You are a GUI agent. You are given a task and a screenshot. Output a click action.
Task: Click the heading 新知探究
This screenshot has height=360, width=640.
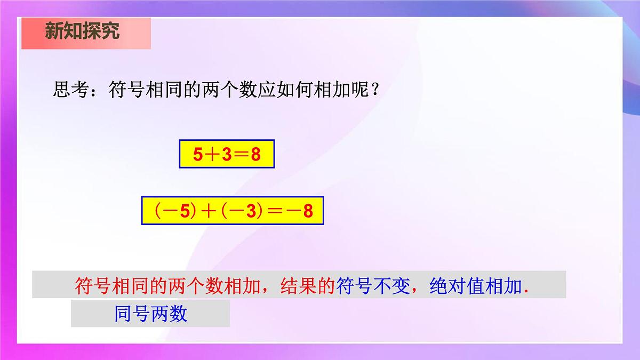click(82, 31)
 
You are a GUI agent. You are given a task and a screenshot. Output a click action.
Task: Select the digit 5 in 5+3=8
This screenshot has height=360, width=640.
click(198, 155)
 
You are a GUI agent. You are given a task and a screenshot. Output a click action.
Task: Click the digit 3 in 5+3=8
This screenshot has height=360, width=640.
click(227, 155)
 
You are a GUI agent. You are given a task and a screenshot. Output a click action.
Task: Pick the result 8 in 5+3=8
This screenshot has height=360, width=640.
click(255, 155)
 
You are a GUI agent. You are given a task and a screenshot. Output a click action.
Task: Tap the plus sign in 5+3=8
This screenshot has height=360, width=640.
click(212, 155)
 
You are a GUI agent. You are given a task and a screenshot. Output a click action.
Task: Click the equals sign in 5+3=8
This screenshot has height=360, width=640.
click(241, 155)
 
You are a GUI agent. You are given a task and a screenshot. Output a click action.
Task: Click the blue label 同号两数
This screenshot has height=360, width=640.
click(151, 314)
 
